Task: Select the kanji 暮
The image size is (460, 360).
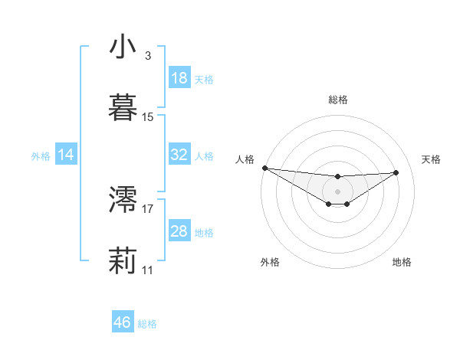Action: (123, 108)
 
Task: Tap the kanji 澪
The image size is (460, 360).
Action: (123, 200)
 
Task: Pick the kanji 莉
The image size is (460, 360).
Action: (123, 261)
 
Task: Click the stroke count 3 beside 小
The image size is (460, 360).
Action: (147, 56)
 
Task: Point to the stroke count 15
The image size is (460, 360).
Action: (148, 117)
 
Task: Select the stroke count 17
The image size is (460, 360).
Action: (148, 208)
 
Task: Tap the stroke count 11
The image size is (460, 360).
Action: (148, 270)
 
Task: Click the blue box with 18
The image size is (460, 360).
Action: (179, 78)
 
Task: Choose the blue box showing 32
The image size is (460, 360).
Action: (179, 155)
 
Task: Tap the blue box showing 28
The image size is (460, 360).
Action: (179, 231)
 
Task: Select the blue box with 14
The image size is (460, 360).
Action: (66, 155)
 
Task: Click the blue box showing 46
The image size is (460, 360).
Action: (123, 322)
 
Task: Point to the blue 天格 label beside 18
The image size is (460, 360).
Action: (204, 79)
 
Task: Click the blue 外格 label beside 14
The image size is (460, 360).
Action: (41, 155)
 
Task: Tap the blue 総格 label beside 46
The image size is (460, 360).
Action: (147, 323)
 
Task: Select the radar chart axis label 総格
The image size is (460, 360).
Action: (337, 100)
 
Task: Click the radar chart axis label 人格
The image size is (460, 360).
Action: (245, 159)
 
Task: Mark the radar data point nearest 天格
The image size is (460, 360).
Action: (396, 172)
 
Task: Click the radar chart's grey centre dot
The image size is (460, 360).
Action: (337, 191)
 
